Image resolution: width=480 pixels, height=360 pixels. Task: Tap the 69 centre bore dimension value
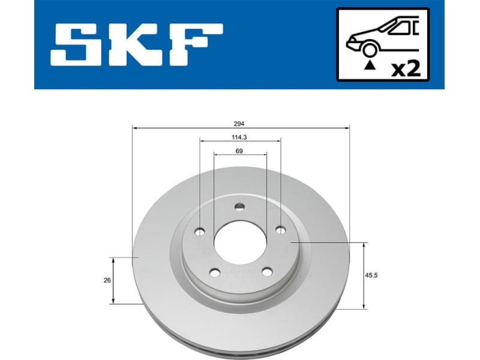click(x=239, y=151)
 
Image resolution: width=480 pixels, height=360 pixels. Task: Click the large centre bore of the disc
click(x=239, y=244)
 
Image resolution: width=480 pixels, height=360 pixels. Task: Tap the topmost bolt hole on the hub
click(x=239, y=207)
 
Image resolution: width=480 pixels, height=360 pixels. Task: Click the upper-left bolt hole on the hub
click(x=200, y=231)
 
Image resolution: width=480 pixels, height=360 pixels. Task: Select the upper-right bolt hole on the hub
click(x=280, y=230)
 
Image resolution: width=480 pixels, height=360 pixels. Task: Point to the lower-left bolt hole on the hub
click(x=214, y=273)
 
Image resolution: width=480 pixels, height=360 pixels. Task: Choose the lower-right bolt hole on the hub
click(x=266, y=273)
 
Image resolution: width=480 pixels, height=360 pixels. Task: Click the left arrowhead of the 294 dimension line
click(x=134, y=128)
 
